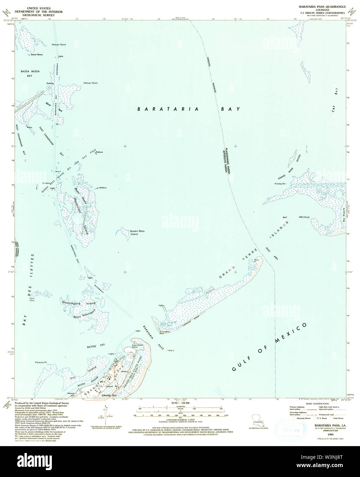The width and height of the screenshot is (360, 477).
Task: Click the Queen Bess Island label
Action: click(137, 233)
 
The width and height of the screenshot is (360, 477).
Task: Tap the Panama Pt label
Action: click(41, 362)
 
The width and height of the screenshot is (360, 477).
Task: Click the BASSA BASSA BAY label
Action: click(30, 73)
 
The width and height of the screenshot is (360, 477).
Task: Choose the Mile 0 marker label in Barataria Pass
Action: click(170, 350)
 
